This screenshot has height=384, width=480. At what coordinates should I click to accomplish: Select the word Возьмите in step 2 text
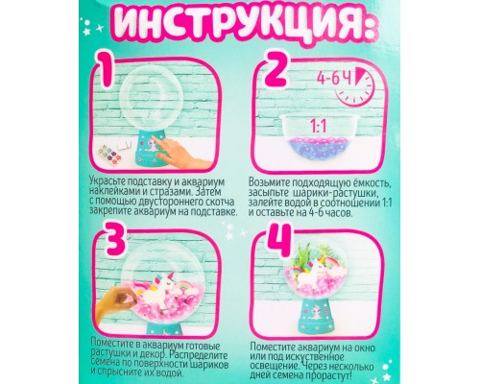pos(276,180)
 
